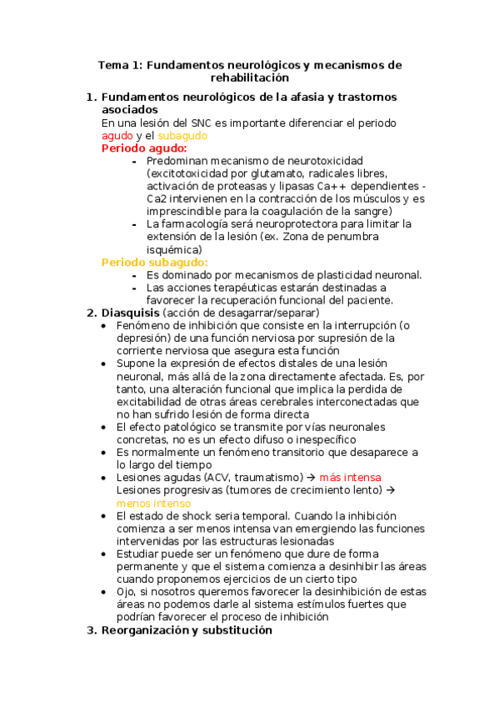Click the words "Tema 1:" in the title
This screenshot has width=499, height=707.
(120, 64)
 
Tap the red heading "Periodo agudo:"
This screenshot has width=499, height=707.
(144, 148)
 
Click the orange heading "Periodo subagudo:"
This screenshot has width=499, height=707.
(155, 262)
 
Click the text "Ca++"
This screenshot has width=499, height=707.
(332, 186)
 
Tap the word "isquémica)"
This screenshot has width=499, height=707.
(173, 249)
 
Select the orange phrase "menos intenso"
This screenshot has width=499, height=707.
(153, 503)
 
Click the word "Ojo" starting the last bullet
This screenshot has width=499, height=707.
(127, 592)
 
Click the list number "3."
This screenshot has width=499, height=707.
(92, 630)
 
